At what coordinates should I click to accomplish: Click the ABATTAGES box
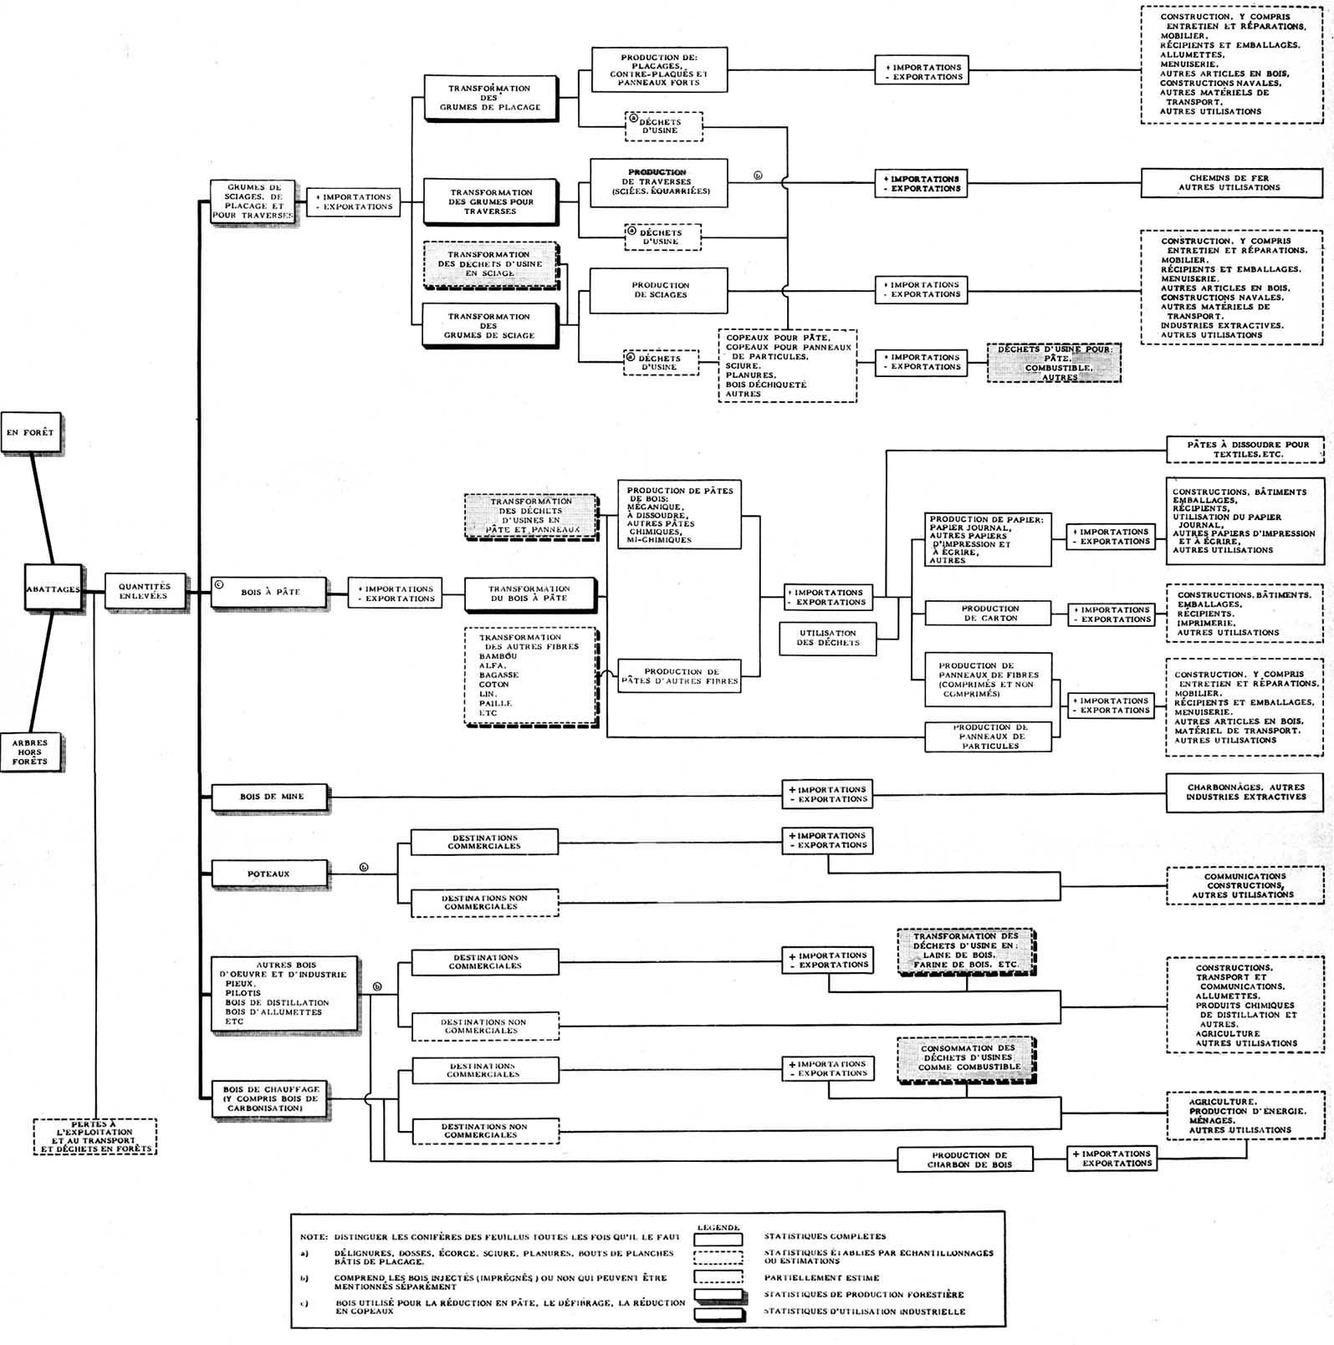pos(53,588)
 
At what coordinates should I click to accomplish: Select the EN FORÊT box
pos(30,432)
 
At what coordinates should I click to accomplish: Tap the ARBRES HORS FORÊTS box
pos(30,751)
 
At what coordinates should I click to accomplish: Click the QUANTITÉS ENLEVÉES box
pos(144,592)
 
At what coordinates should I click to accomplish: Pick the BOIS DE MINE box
pos(271,797)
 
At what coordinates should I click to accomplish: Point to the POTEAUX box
pos(269,874)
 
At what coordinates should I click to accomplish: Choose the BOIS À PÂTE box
pos(269,592)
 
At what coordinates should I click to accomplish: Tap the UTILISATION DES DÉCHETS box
pos(827,638)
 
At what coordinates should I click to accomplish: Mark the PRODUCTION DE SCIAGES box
pos(660,290)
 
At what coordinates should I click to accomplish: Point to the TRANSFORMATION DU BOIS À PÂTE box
pos(529,594)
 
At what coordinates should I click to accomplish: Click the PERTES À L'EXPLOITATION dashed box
pos(95,1137)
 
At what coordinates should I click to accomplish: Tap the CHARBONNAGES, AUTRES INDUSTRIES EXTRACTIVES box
pos(1245,792)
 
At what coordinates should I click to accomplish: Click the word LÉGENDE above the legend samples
pos(718,1227)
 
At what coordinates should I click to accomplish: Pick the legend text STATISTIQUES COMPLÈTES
pos(825,1235)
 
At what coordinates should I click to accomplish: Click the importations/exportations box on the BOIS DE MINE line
pos(827,794)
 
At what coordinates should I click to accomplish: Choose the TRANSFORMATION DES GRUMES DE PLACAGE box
pos(489,98)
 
